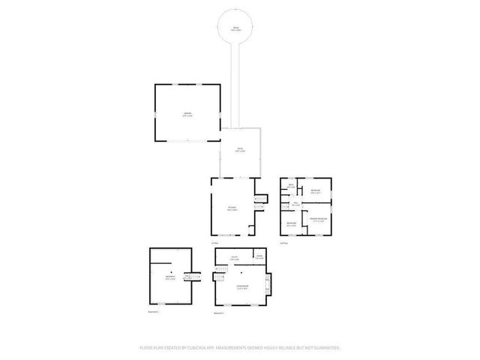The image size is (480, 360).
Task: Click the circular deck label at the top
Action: pos(235,28)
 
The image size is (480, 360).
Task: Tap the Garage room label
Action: pos(188,115)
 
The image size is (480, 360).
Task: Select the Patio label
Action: pos(240,150)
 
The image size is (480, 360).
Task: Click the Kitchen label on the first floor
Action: pos(233,208)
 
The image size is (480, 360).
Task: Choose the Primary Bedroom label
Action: pos(317,220)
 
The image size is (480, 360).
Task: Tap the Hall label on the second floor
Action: pos(295,202)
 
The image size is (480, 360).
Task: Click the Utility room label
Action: pos(233,259)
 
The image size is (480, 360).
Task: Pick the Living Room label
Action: pos(242,286)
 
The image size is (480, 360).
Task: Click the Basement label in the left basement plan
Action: pos(170,277)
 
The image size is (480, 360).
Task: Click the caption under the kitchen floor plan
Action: pos(214,242)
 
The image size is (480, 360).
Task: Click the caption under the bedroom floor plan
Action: pos(283,242)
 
